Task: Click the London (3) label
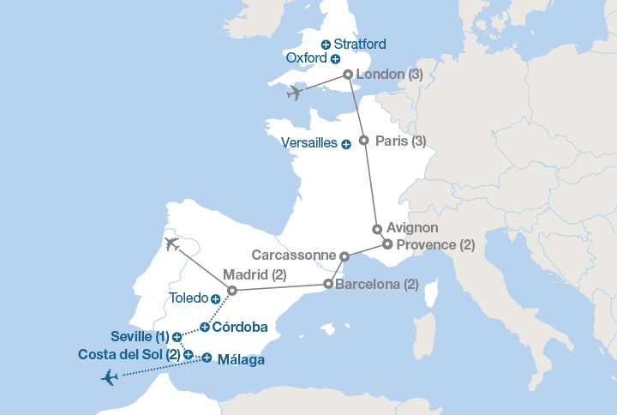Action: [x=389, y=75]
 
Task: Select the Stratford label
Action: [x=360, y=44]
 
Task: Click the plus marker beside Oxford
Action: [x=335, y=59]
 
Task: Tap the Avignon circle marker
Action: [x=377, y=229]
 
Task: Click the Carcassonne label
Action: [x=294, y=256]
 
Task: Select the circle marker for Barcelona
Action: [x=328, y=284]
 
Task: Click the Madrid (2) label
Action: [x=255, y=275]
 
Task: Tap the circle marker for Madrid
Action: [x=232, y=290]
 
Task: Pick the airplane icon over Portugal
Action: [x=171, y=244]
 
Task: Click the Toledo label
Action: [x=189, y=298]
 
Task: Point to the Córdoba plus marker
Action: [x=205, y=327]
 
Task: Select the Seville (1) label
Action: [x=140, y=336]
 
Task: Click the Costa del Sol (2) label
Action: [x=129, y=354]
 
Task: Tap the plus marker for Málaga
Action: [x=207, y=360]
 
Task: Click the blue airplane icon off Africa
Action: [x=109, y=377]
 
